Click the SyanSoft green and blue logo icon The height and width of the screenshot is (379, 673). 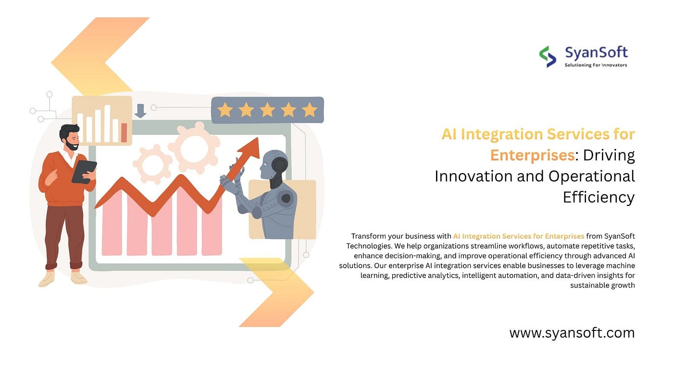548,56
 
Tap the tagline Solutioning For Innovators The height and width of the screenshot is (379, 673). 596,65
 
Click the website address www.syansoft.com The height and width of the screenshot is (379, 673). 572,333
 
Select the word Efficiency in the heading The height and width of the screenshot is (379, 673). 599,197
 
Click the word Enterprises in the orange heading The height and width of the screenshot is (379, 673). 533,155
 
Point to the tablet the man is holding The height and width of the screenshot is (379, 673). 84,171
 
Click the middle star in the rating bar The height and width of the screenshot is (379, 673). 267,110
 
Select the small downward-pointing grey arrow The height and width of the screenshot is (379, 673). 140,111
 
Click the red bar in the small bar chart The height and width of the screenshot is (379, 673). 124,132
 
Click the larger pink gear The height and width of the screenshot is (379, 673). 194,147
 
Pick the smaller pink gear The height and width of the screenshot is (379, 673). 153,164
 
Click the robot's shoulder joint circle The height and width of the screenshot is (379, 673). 286,198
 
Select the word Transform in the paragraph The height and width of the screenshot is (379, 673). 368,236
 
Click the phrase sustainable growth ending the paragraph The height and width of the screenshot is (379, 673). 602,285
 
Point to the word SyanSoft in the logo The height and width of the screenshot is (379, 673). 596,53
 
